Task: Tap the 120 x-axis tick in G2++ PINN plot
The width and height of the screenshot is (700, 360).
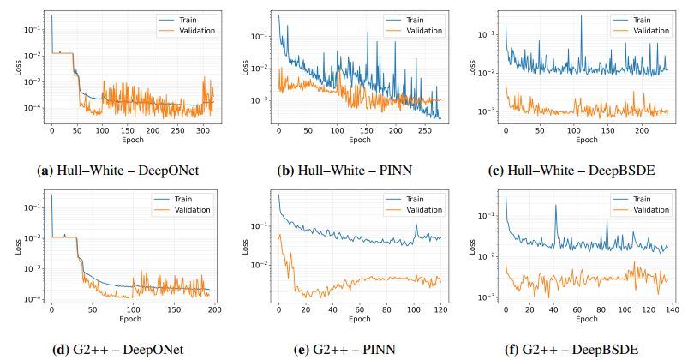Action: [440, 309]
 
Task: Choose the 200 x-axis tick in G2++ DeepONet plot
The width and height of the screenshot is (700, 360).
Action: [213, 309]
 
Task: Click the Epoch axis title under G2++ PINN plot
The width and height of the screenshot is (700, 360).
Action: [359, 319]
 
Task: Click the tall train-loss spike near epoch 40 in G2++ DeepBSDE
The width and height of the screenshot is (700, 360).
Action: [554, 206]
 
